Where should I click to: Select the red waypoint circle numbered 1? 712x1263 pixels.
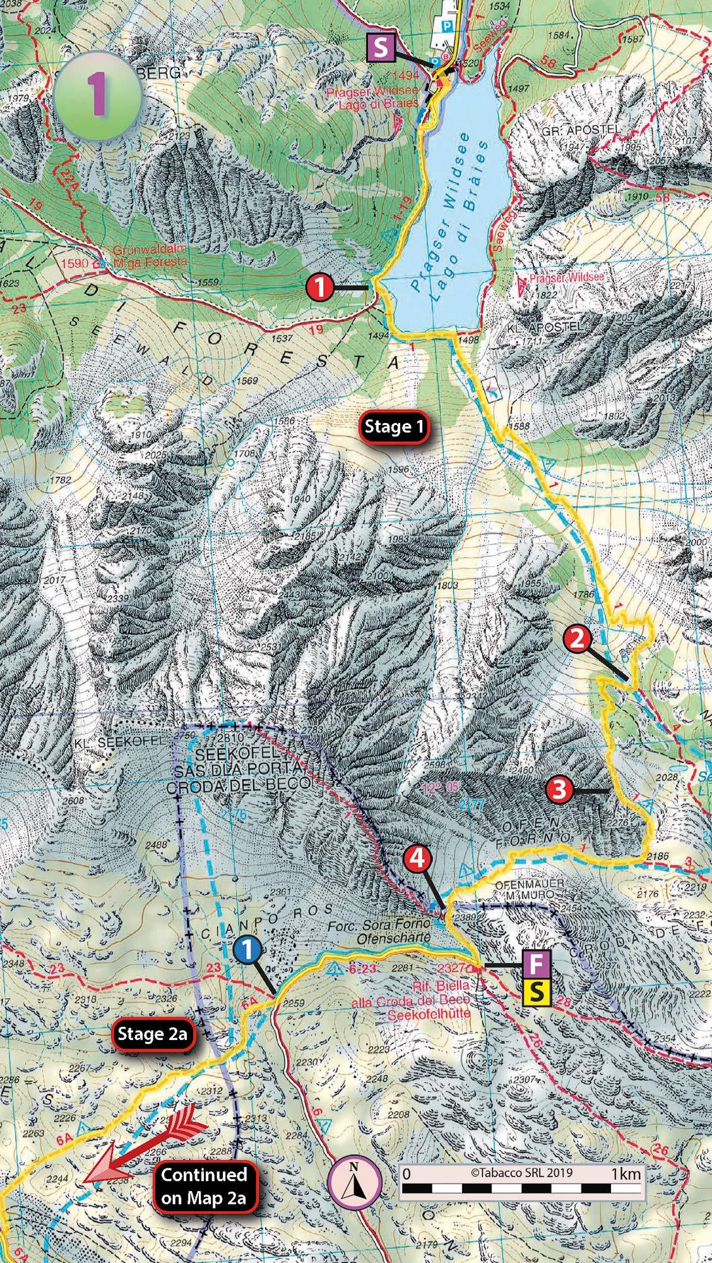[x=320, y=288]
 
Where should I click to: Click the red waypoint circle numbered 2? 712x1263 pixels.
[x=578, y=639]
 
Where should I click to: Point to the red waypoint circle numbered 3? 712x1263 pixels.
[x=560, y=789]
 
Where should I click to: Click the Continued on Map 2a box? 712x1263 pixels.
[x=203, y=1184]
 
